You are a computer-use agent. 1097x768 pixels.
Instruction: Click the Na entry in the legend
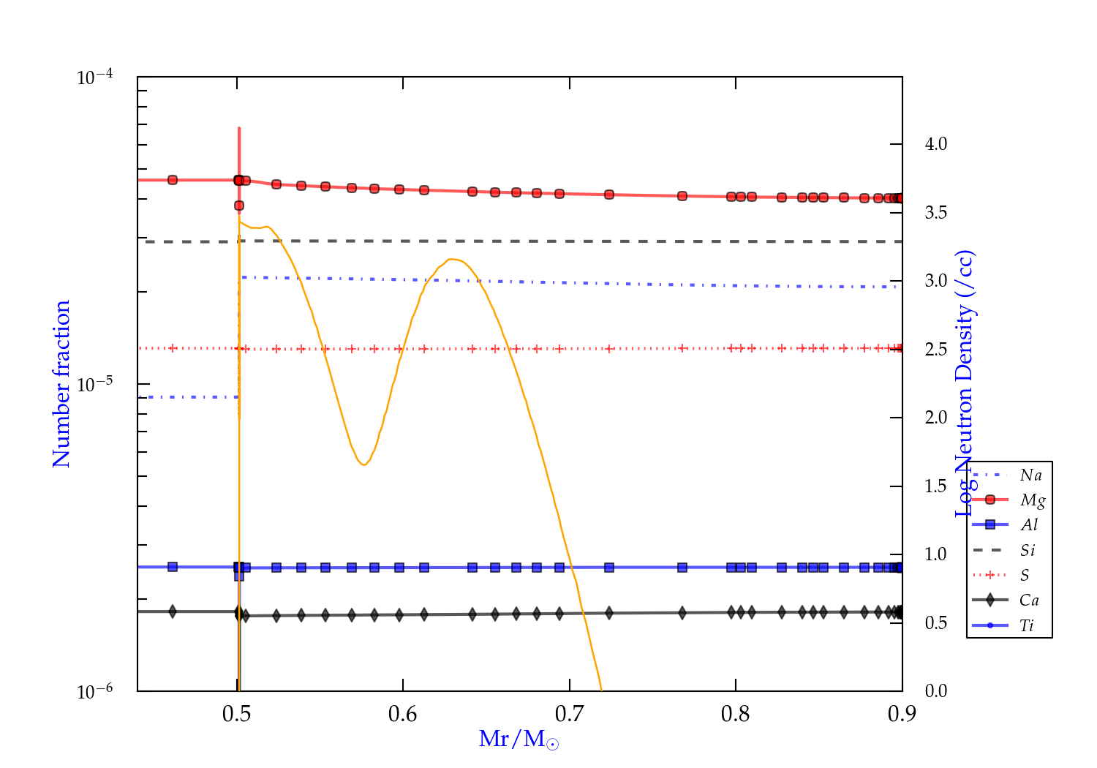(1030, 475)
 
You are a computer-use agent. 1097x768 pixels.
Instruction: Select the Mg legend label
(1032, 500)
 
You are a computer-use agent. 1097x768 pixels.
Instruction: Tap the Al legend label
(1030, 525)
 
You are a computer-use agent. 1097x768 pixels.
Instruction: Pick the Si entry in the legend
(1028, 550)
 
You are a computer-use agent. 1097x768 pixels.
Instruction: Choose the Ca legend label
(1029, 601)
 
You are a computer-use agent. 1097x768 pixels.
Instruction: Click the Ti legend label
(1027, 625)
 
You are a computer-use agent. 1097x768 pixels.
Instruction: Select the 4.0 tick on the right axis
(936, 144)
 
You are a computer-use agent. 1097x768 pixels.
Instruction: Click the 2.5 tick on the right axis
(936, 349)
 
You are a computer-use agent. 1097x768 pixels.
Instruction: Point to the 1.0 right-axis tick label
(936, 554)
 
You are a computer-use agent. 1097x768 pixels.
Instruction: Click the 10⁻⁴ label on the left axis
(95, 78)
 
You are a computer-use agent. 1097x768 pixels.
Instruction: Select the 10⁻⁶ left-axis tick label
(95, 691)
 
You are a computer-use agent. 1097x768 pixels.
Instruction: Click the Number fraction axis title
(61, 384)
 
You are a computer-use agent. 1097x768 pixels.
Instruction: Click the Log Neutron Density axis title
(965, 384)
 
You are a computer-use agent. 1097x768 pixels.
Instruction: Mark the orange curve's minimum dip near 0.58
(363, 464)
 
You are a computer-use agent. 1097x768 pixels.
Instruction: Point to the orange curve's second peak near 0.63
(453, 259)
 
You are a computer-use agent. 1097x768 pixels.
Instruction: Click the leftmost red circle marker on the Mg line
(173, 180)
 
